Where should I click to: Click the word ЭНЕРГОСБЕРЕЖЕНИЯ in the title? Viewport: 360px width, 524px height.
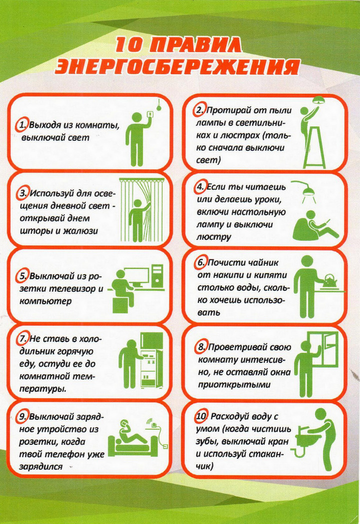pos(177,67)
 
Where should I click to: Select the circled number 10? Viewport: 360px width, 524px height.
pos(201,416)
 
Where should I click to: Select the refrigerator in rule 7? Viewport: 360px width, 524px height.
pos(151,360)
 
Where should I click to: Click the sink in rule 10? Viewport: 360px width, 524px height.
pos(306,439)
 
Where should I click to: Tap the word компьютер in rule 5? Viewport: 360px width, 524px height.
pos(45,301)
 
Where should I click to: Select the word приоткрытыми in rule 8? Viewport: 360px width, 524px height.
pos(234,384)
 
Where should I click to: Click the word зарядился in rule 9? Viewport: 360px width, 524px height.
pos(41,466)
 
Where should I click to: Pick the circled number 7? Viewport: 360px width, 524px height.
pos(22,339)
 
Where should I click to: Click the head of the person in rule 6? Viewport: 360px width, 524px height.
pos(307,261)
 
